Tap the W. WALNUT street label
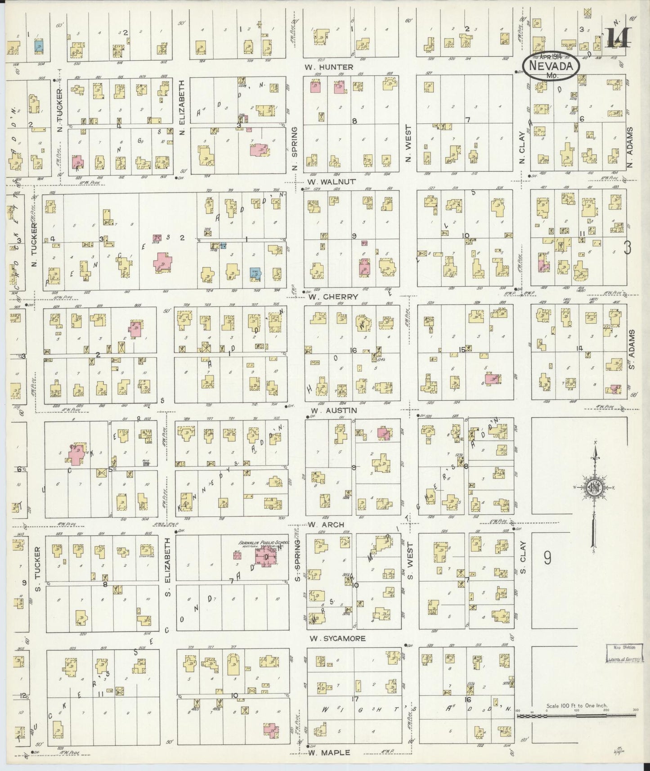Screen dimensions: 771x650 coord(332,182)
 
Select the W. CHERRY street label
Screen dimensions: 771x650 coord(333,296)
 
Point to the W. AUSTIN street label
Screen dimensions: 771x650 coord(333,410)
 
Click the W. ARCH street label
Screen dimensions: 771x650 coord(327,524)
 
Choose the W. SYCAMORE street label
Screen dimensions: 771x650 coord(338,638)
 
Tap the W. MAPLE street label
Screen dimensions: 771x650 coord(329,752)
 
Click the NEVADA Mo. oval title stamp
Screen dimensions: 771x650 coord(551,66)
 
